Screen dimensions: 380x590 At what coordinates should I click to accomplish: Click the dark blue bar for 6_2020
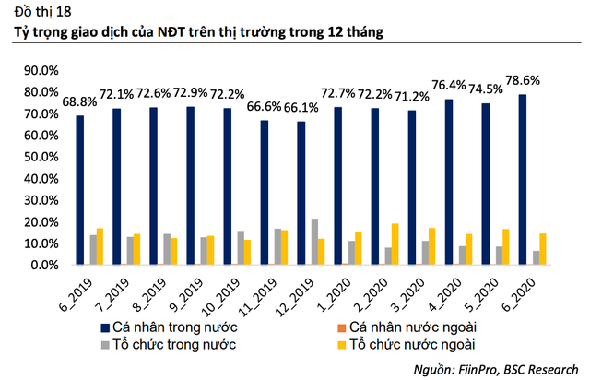pyautogui.click(x=523, y=180)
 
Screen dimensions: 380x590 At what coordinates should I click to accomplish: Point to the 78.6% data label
pyautogui.click(x=533, y=80)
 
